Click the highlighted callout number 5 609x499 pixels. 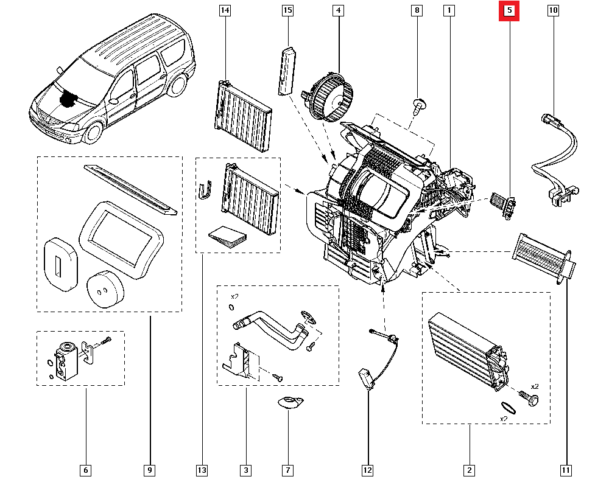tap(509, 11)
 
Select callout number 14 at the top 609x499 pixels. tap(225, 11)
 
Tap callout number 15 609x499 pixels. tap(287, 11)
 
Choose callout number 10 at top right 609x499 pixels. tap(553, 11)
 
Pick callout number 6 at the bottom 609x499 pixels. tap(86, 470)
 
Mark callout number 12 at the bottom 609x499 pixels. tap(367, 470)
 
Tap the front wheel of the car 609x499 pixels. tap(93, 132)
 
